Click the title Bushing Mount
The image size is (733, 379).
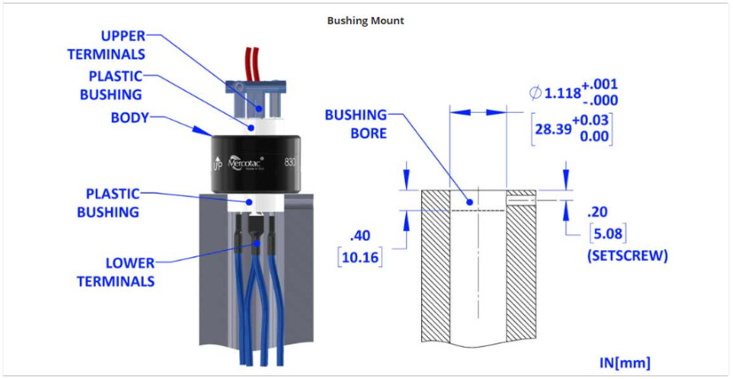coord(365,20)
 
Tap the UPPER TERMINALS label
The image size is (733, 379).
coord(106,45)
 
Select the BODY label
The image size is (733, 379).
coord(129,118)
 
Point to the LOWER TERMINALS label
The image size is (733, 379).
coord(115,272)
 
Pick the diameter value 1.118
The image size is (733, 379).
coord(562,93)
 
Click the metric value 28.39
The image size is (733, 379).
coord(553,129)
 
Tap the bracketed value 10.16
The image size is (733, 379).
coord(360,257)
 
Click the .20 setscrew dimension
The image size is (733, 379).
coord(597,212)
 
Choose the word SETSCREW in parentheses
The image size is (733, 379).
coord(627,256)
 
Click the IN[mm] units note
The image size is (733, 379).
coord(625,363)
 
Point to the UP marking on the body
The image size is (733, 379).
coord(217,164)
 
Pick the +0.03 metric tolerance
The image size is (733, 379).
coord(590,120)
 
